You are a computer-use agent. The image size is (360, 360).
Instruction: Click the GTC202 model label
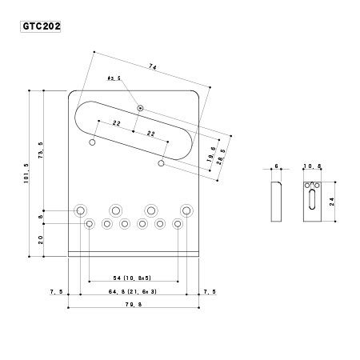pos(41,26)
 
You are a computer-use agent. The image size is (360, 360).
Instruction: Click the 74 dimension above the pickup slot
pos(153,67)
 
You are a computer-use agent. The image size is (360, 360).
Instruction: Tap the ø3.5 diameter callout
pos(114,78)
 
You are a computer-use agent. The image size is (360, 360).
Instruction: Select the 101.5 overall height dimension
pos(26,173)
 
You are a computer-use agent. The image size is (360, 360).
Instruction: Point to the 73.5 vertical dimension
pos(41,150)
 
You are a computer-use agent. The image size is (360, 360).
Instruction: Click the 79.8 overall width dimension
pos(134,304)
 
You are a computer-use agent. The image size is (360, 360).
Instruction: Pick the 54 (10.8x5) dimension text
pos(132,278)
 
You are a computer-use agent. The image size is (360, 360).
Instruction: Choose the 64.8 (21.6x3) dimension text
pos(133,291)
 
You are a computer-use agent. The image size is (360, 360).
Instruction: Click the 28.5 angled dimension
pos(222,157)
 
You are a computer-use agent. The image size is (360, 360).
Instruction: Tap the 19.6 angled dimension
pos(211,154)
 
